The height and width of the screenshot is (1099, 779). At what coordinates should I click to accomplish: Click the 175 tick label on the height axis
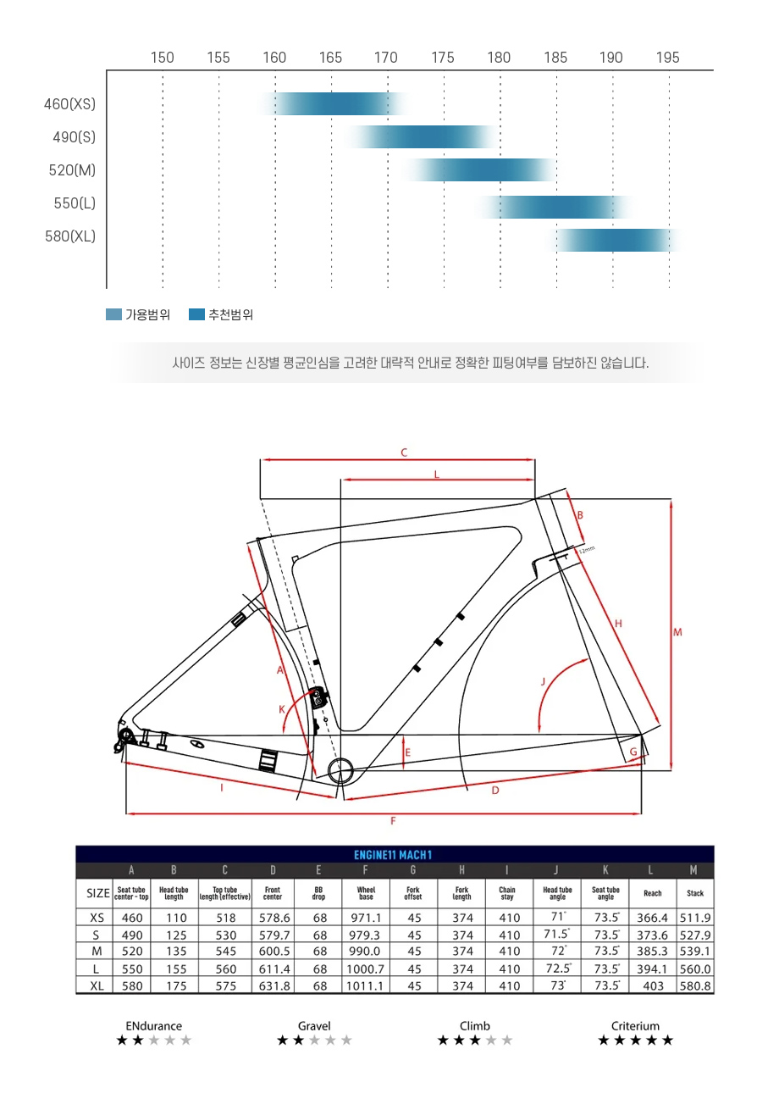coord(442,58)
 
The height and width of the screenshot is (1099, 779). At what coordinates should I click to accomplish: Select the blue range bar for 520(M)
coord(479,169)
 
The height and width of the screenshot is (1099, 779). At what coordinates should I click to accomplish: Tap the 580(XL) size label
coord(70,236)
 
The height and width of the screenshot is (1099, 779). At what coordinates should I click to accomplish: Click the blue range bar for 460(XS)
coord(333,103)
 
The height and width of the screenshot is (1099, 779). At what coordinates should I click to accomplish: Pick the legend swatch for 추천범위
coord(196,314)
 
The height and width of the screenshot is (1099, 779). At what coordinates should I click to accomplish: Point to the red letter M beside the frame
coord(677,632)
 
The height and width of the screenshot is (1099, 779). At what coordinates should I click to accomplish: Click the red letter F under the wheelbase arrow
coord(393,821)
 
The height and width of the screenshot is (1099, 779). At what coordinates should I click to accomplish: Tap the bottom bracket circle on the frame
coord(340,770)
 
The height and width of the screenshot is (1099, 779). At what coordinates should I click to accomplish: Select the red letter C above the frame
coord(404,452)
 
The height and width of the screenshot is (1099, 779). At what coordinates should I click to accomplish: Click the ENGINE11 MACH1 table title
coord(393,855)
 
